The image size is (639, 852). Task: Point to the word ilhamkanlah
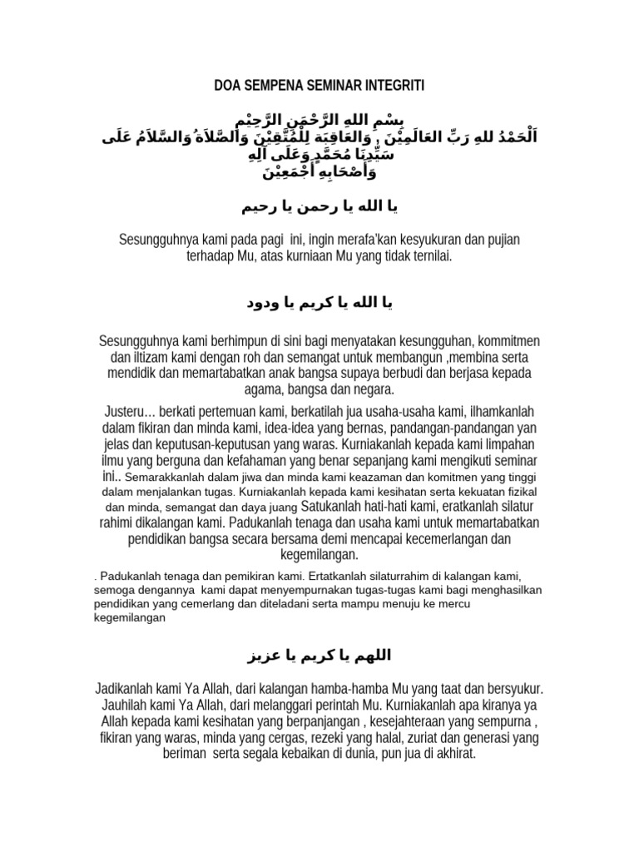pos(498,413)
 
